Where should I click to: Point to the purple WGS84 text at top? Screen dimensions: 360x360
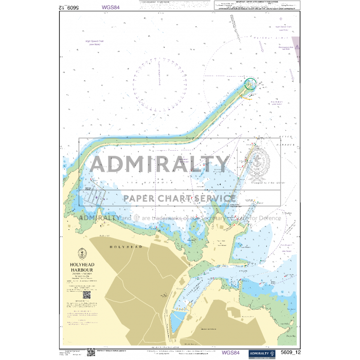coord(111,8)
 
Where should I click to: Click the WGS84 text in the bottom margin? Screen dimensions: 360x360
coord(230,353)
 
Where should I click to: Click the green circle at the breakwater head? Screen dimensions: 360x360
coord(250,83)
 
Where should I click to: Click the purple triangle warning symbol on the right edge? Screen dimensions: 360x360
coord(296,43)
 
